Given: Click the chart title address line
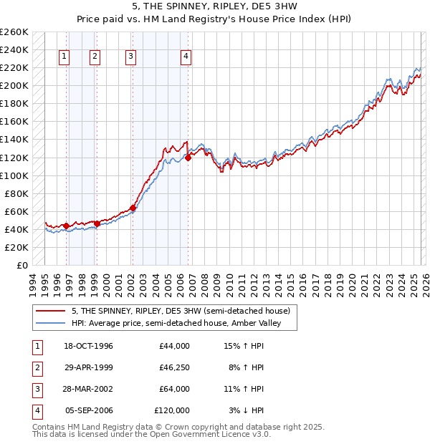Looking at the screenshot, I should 214,6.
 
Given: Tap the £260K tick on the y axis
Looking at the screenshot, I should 14,32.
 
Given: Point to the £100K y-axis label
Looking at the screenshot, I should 14,175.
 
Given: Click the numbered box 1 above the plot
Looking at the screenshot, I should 64,57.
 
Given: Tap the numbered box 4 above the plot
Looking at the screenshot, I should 186,57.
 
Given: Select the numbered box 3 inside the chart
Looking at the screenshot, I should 131,57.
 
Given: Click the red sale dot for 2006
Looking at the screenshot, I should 188,158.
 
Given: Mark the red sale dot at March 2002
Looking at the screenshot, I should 133,208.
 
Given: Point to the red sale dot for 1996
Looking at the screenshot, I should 67,226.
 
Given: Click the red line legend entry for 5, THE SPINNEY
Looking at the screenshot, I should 180,311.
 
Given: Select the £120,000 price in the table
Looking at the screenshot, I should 172,411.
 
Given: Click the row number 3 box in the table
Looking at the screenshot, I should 36,390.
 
